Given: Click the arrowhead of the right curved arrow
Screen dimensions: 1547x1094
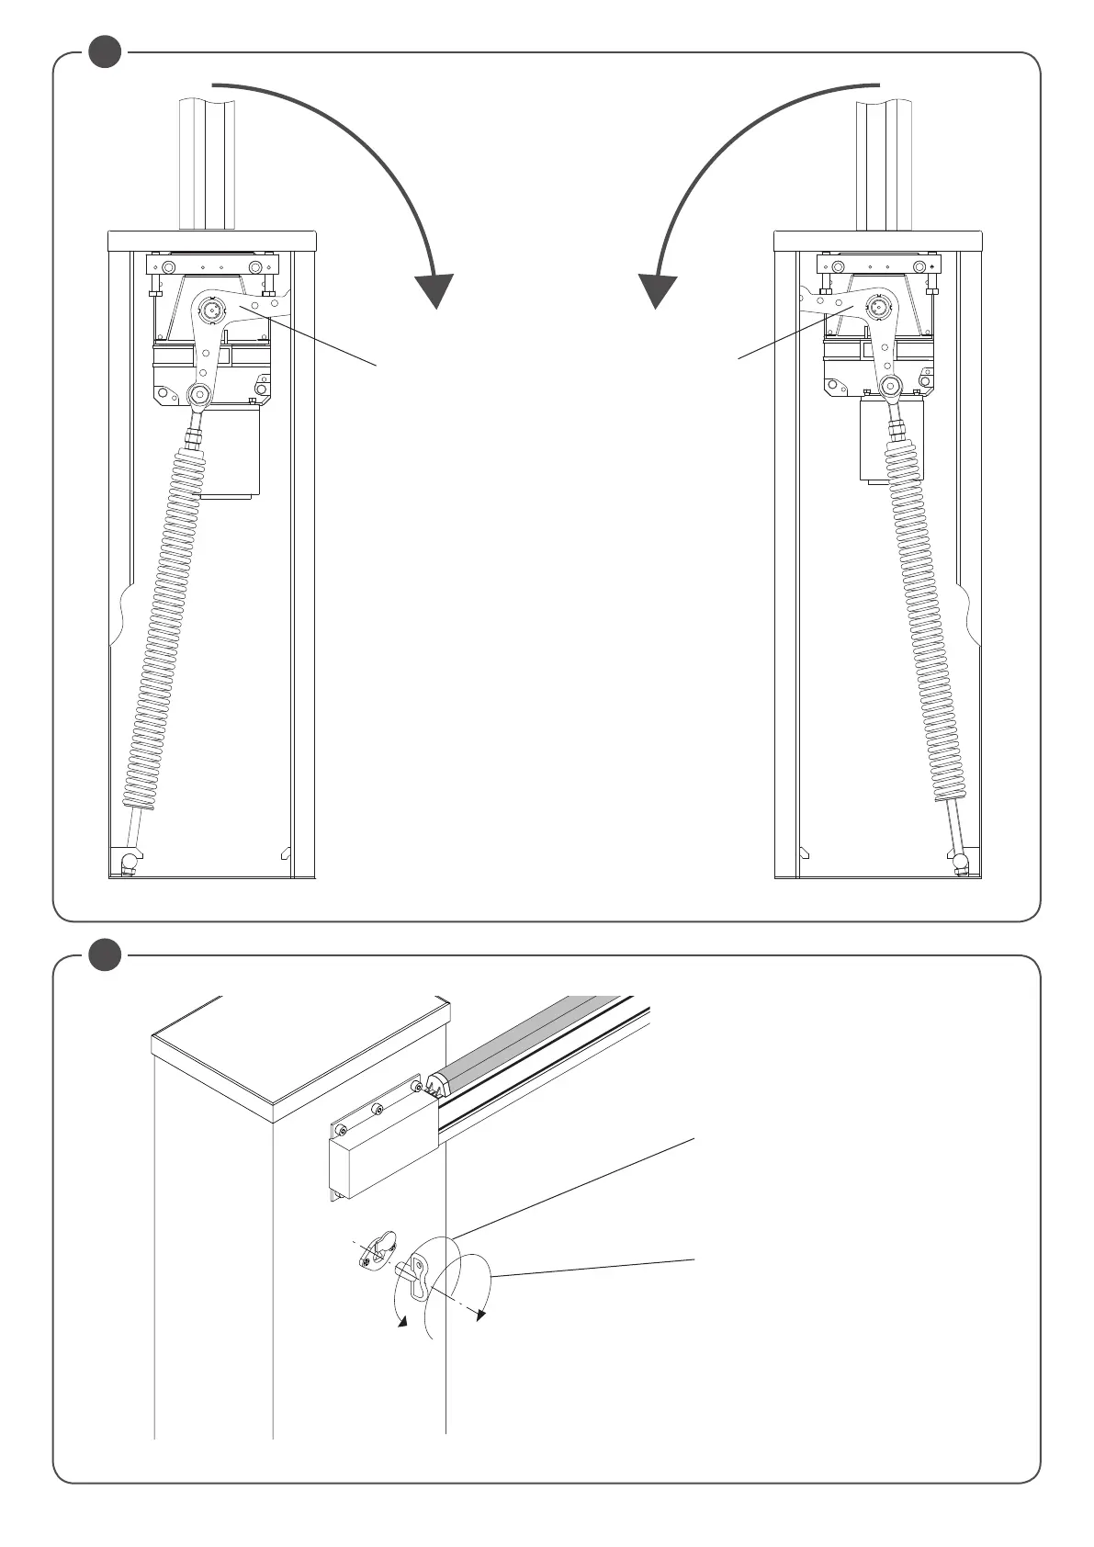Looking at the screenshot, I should (x=659, y=291).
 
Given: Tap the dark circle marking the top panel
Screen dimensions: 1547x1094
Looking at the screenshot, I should (x=106, y=51).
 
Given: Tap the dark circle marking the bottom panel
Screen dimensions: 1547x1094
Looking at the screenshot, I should (x=106, y=954).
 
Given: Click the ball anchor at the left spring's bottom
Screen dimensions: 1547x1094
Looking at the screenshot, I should (x=129, y=863).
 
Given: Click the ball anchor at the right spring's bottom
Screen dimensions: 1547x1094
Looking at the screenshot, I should (x=962, y=863).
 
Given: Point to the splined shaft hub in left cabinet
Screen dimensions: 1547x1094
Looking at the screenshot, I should (x=212, y=310).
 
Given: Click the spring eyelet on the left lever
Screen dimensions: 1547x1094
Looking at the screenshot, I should (x=198, y=395).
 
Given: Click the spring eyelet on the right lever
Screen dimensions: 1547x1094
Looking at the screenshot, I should (x=890, y=387).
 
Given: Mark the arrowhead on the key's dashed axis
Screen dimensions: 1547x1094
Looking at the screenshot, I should (x=479, y=1316).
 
